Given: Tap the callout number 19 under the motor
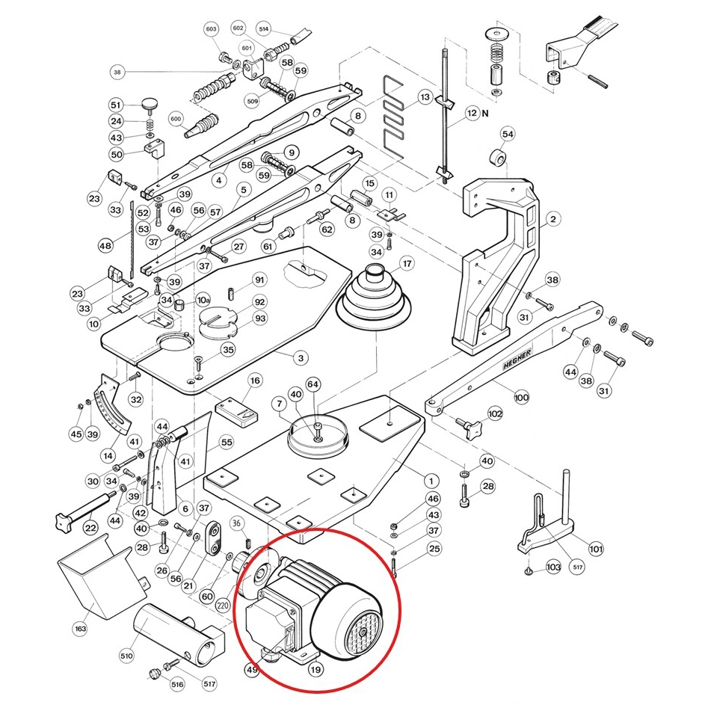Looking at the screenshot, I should coord(315,670).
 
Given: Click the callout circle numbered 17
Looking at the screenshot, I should coord(407,264).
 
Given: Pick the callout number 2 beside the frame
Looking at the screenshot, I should coord(552,219).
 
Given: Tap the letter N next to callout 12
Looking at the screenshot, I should coord(485,114).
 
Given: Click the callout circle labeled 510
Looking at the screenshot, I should coord(126,656).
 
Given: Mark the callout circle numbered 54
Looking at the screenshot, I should coord(508,134).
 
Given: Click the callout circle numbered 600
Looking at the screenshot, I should coord(176,119).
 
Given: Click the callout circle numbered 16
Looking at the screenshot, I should coord(256,381).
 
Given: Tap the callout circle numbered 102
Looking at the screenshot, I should coord(495,413).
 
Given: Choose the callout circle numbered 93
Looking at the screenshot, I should coord(259,318).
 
